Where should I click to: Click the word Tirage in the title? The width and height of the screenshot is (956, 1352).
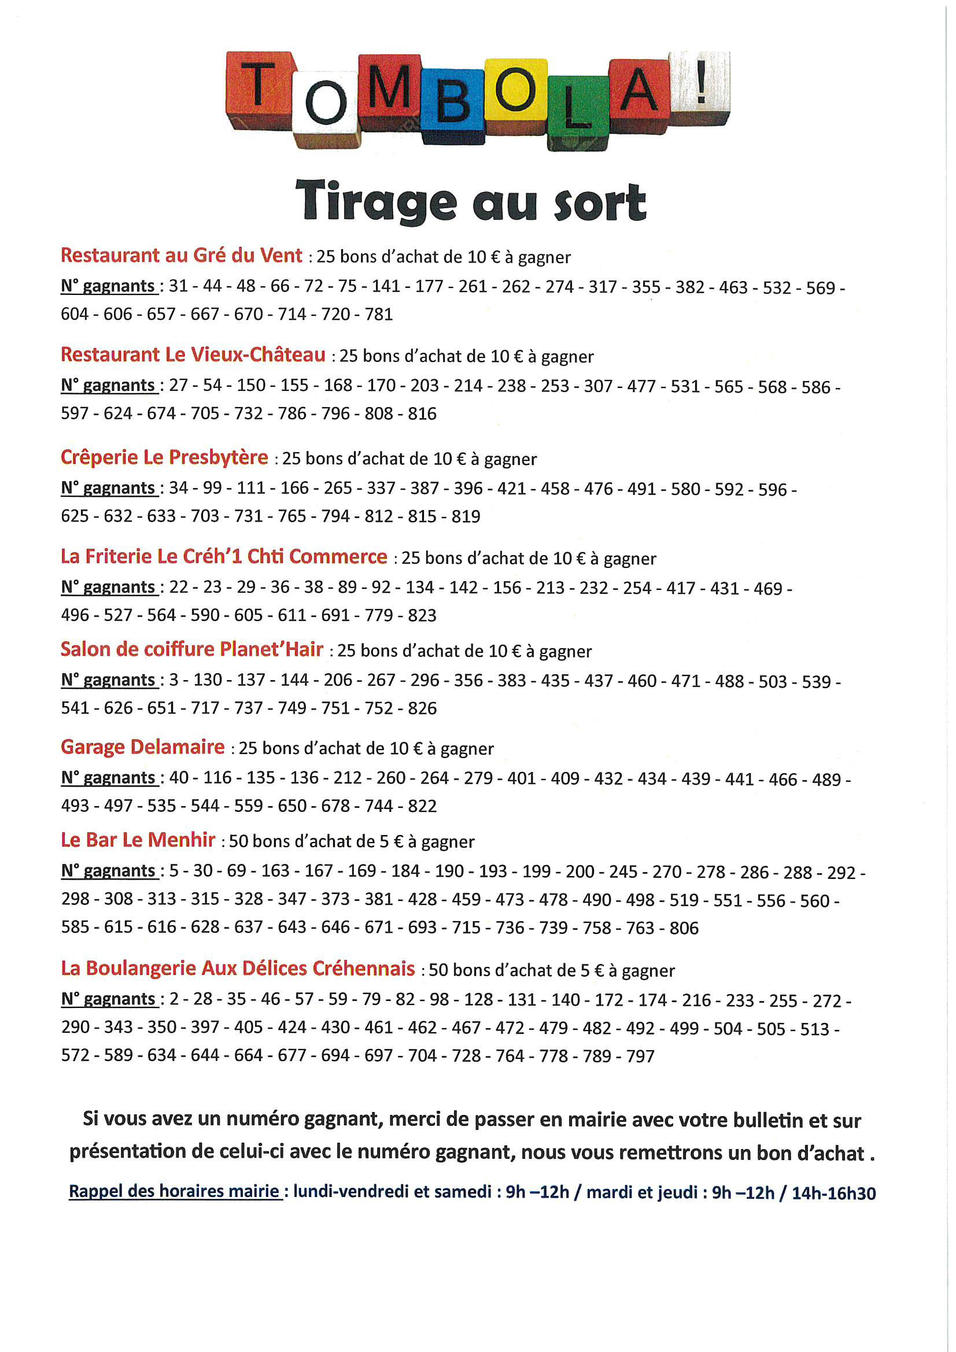pos(376,202)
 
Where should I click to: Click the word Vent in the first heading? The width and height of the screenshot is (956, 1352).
pos(281,256)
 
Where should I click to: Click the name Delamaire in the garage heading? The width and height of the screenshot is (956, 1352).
pos(178,747)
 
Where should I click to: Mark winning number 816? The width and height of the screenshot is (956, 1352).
pos(422,414)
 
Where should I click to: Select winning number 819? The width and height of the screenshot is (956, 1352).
pos(466,516)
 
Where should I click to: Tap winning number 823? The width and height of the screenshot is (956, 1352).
pos(422,615)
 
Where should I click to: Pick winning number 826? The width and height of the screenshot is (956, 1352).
pos(422,708)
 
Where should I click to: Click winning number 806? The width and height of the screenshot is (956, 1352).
pos(684,929)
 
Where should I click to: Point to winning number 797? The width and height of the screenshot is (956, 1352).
pos(640,1057)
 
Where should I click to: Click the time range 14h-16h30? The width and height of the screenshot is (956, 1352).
pos(833,1193)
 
